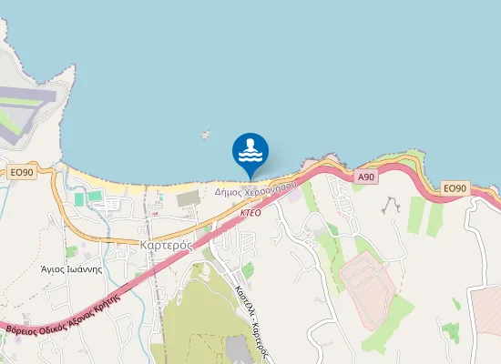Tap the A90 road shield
coord(366,177)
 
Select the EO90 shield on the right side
coord(455,188)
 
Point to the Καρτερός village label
coord(164,245)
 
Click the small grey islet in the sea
coord(206,135)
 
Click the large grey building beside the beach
coord(189,198)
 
